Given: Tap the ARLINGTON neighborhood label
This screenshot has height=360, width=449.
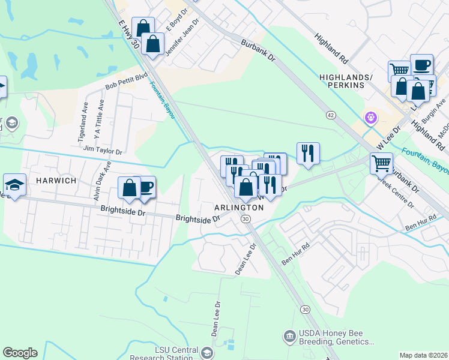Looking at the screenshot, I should click(239, 207).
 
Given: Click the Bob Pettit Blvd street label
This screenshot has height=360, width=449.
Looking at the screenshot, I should click(126, 82).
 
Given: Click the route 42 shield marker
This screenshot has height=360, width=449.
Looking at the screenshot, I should click(331, 115).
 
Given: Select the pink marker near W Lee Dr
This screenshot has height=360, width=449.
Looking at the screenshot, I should click(371, 118).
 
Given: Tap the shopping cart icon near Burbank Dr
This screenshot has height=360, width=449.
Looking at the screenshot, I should click(382, 163).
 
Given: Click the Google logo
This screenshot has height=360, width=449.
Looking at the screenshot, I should click(20, 353).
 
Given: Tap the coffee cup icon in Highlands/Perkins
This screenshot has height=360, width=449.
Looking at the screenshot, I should click(421, 65).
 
